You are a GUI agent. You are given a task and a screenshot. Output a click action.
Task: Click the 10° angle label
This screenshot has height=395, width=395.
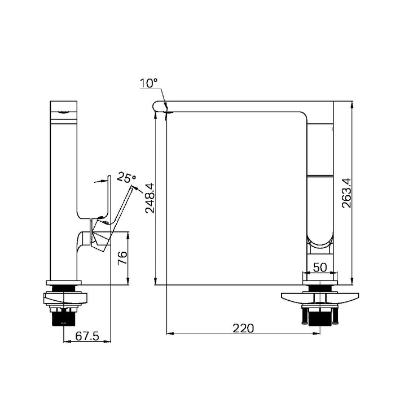pyautogui.click(x=148, y=83)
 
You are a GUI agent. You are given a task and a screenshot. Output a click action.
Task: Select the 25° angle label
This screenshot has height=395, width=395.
pyautogui.click(x=126, y=178)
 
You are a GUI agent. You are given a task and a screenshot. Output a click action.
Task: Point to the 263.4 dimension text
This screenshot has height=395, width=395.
pyautogui.click(x=346, y=193)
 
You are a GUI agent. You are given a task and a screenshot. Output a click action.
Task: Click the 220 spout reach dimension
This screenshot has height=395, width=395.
pyautogui.click(x=243, y=328)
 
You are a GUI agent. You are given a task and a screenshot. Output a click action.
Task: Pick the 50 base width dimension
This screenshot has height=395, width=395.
pyautogui.click(x=320, y=267)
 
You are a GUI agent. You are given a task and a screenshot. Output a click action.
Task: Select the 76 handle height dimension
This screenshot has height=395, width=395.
pyautogui.click(x=122, y=258)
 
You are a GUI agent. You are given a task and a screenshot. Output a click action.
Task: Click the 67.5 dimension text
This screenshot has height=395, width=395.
pyautogui.click(x=87, y=336)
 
